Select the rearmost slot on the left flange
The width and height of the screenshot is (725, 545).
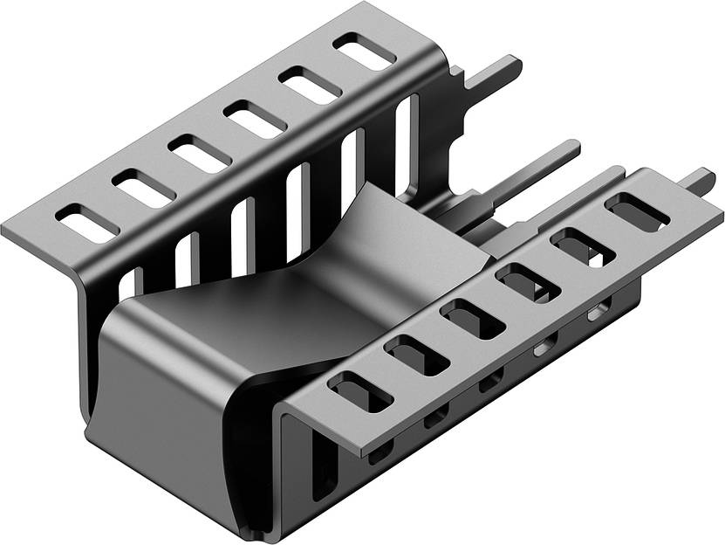tap(364, 52)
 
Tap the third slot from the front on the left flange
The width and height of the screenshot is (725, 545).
tap(200, 154)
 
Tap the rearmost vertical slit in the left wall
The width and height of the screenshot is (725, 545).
tap(402, 144)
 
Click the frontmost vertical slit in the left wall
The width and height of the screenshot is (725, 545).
tap(131, 283)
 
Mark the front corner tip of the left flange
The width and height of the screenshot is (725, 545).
tap(7, 232)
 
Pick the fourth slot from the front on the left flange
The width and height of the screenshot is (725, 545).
tap(255, 120)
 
